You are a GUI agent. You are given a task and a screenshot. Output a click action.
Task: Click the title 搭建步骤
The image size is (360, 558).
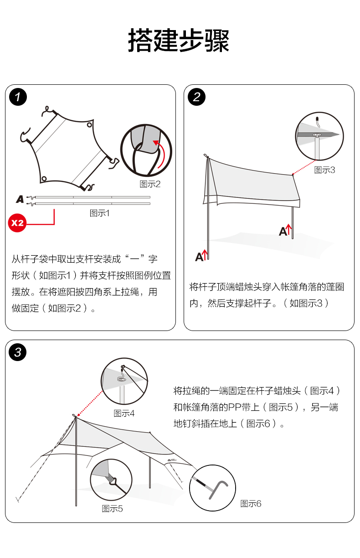(x=179, y=41)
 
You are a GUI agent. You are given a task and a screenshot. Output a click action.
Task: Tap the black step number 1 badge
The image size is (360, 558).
(x=18, y=97)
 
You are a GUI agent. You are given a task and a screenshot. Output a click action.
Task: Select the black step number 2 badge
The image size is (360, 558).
(x=197, y=97)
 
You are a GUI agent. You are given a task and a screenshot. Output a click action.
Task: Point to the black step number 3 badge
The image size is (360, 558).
(x=18, y=352)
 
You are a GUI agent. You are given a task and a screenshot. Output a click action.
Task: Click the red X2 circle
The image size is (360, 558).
(x=17, y=223)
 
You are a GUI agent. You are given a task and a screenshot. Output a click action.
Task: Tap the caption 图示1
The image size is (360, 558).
(x=100, y=213)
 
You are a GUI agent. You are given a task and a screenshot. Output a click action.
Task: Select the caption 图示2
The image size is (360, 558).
(x=150, y=184)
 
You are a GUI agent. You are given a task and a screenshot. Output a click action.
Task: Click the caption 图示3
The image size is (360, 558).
(x=324, y=170)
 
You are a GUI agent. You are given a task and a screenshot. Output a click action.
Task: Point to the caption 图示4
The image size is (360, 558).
(x=124, y=413)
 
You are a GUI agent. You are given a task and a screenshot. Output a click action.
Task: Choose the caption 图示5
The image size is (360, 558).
(x=112, y=508)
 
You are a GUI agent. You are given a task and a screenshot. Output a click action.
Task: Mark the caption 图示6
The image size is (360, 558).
(x=251, y=503)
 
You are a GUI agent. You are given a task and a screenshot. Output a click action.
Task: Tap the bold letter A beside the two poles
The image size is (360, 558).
(x=20, y=199)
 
